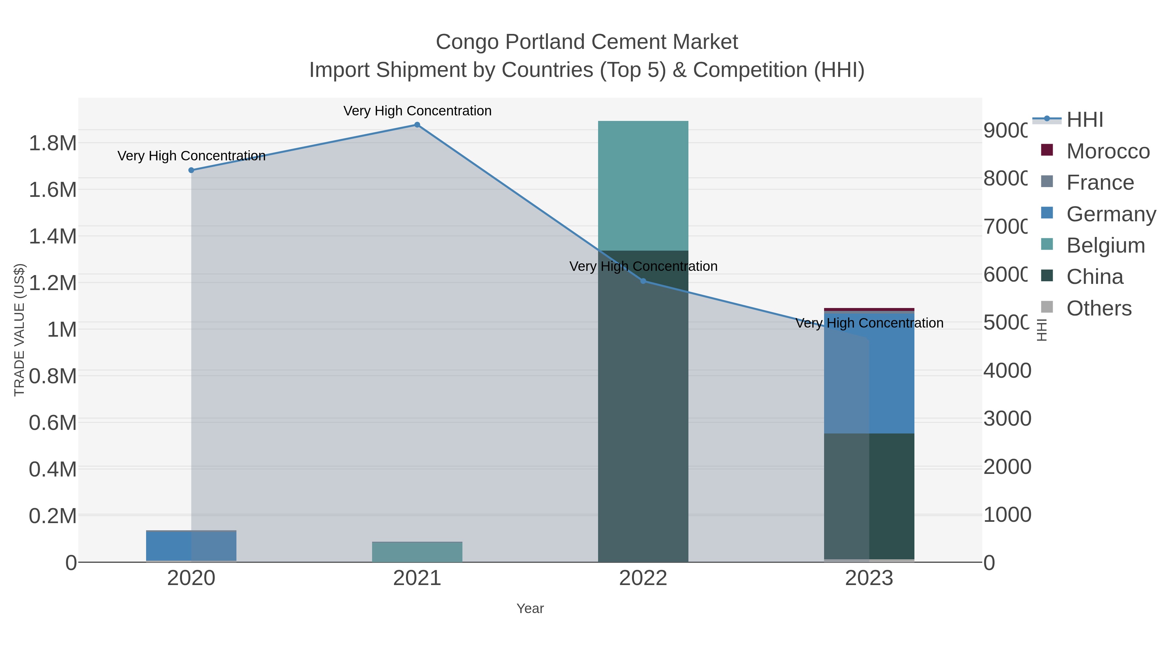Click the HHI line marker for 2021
tap(417, 125)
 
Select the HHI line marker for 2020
tap(191, 170)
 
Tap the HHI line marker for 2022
tap(643, 281)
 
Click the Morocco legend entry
tap(1107, 151)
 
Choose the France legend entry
tap(1099, 183)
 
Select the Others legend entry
tap(1098, 308)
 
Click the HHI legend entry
tap(1085, 120)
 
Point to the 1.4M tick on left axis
tap(53, 236)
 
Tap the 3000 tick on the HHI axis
tap(1007, 418)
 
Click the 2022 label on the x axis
tap(643, 579)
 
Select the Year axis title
tap(530, 609)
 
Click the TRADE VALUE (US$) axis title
tap(19, 330)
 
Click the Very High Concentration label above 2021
tap(417, 111)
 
